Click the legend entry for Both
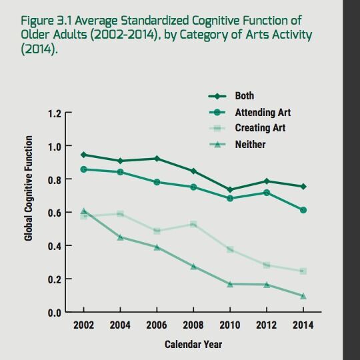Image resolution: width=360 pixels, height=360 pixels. pos(244,96)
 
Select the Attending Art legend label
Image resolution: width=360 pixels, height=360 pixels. pos(263,112)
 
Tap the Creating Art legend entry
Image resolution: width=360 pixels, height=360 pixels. pos(260,128)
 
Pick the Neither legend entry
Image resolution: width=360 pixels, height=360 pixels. pos(249,144)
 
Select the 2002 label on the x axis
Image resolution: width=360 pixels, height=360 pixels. pos(83,326)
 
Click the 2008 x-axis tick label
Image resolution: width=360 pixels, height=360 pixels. pos(193,326)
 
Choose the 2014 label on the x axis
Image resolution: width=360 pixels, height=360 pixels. pos(303,326)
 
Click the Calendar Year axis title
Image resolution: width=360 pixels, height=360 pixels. pos(193,344)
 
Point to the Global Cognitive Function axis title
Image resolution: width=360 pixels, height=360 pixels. pos(29,188)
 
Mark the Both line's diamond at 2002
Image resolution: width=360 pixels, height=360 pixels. pos(83,155)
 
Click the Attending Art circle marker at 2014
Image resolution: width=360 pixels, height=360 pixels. pos(303,210)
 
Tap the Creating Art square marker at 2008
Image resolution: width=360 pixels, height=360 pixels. pos(193,225)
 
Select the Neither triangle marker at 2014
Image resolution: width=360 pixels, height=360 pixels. pos(303,296)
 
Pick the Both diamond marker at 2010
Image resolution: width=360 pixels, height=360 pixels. pos(230,190)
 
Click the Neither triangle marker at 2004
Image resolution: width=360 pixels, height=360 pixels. pos(120,237)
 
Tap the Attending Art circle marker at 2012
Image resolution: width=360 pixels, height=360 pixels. pos(266,193)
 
